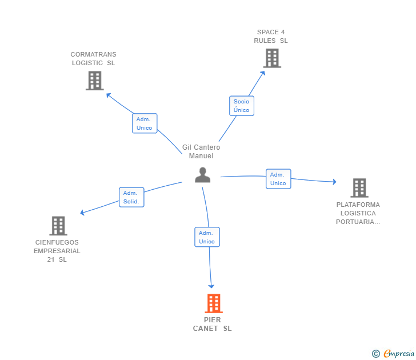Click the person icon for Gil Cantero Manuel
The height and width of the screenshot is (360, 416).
(202, 175)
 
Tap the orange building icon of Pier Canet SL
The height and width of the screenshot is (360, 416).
(213, 303)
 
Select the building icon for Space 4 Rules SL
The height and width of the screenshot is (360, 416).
(272, 58)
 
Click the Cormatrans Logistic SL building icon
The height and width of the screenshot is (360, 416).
(94, 81)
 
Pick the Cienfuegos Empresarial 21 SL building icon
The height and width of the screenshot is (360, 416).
(58, 226)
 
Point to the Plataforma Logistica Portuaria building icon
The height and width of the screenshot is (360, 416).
(359, 187)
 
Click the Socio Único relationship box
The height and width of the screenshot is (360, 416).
(242, 106)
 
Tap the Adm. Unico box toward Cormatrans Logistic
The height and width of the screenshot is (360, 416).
(145, 123)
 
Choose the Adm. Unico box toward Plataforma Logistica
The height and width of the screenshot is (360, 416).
(278, 179)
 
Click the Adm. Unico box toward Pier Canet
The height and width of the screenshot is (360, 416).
(207, 237)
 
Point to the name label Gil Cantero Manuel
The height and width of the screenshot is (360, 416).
(201, 151)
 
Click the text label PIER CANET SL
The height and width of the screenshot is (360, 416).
(213, 324)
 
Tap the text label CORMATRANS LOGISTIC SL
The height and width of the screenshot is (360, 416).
(93, 59)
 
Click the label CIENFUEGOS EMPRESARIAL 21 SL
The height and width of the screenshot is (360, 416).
(57, 251)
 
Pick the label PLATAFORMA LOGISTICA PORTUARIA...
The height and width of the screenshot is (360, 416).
(358, 213)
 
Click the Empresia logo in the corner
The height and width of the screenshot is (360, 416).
(393, 354)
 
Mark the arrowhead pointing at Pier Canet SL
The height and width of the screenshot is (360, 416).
(211, 286)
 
